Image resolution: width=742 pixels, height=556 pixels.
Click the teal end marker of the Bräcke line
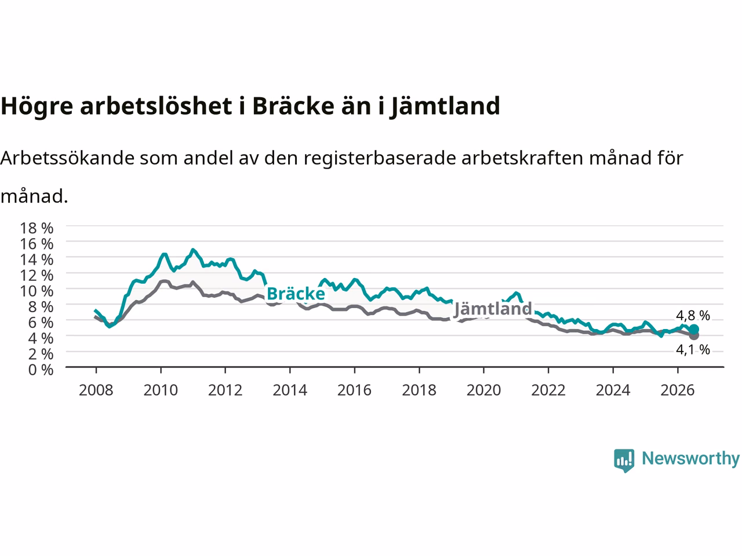[x=694, y=329]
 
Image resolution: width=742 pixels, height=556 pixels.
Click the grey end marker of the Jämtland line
[x=694, y=335]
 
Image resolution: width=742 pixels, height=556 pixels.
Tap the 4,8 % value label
[x=693, y=316]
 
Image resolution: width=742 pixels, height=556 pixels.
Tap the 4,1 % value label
[x=693, y=350]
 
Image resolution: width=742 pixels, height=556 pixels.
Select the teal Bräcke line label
[x=296, y=294]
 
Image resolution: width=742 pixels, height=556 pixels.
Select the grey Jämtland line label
[x=493, y=309]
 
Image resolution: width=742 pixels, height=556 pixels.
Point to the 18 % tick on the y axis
[x=37, y=228]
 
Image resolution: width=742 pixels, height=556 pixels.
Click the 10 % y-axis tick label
[x=37, y=291]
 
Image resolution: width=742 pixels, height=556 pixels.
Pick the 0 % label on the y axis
[x=41, y=370]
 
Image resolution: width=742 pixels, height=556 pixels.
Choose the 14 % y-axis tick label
[x=37, y=259]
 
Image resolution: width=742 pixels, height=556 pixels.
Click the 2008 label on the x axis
[x=96, y=390]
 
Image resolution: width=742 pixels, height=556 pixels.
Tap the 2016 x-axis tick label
[x=354, y=390]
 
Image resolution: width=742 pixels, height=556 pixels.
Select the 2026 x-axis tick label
[x=678, y=390]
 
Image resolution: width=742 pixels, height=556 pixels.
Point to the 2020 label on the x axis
[x=483, y=390]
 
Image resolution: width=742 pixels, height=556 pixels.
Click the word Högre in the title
[x=37, y=107]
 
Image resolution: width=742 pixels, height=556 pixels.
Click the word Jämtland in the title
[x=445, y=107]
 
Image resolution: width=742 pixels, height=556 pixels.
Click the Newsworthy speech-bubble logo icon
[x=624, y=460]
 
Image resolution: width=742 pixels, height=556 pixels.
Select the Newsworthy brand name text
[x=690, y=459]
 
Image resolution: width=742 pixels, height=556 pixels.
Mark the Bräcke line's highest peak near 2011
[x=193, y=250]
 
